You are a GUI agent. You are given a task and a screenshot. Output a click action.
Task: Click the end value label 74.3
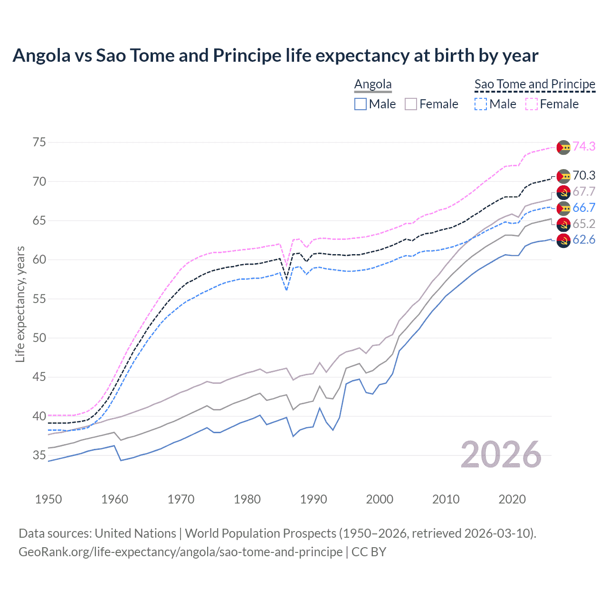(x=584, y=146)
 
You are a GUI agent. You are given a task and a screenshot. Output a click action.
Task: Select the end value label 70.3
(x=584, y=175)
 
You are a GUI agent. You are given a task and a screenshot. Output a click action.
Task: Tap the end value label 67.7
(x=584, y=191)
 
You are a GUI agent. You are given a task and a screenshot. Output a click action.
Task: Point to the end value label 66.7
(x=584, y=208)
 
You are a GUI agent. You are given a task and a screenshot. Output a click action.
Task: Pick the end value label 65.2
(x=584, y=224)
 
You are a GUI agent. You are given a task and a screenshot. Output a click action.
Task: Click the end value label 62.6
(x=584, y=239)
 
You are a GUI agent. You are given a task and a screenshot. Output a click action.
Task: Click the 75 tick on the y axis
(x=39, y=142)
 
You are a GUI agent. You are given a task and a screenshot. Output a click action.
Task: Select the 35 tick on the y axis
(x=39, y=456)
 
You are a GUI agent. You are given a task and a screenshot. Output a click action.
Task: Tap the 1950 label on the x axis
(x=48, y=499)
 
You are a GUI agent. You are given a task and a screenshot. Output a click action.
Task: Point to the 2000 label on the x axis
(x=380, y=499)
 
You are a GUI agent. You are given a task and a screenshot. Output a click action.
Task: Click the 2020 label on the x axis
(x=512, y=499)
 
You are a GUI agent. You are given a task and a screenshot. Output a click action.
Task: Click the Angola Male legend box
(x=361, y=104)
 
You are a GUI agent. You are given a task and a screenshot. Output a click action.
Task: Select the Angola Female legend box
(x=411, y=104)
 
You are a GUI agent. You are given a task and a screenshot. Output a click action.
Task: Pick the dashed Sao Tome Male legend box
(x=481, y=104)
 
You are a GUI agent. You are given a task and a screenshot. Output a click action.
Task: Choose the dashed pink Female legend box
(x=532, y=104)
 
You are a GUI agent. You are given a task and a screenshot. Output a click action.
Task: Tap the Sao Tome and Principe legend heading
(x=535, y=84)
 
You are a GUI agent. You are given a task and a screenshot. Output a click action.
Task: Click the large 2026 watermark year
(x=501, y=455)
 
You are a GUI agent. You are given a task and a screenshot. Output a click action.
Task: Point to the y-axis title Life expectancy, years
(x=20, y=304)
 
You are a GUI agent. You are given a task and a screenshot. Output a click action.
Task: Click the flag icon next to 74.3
(x=563, y=147)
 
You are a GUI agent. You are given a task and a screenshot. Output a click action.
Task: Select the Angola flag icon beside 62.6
(x=563, y=240)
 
